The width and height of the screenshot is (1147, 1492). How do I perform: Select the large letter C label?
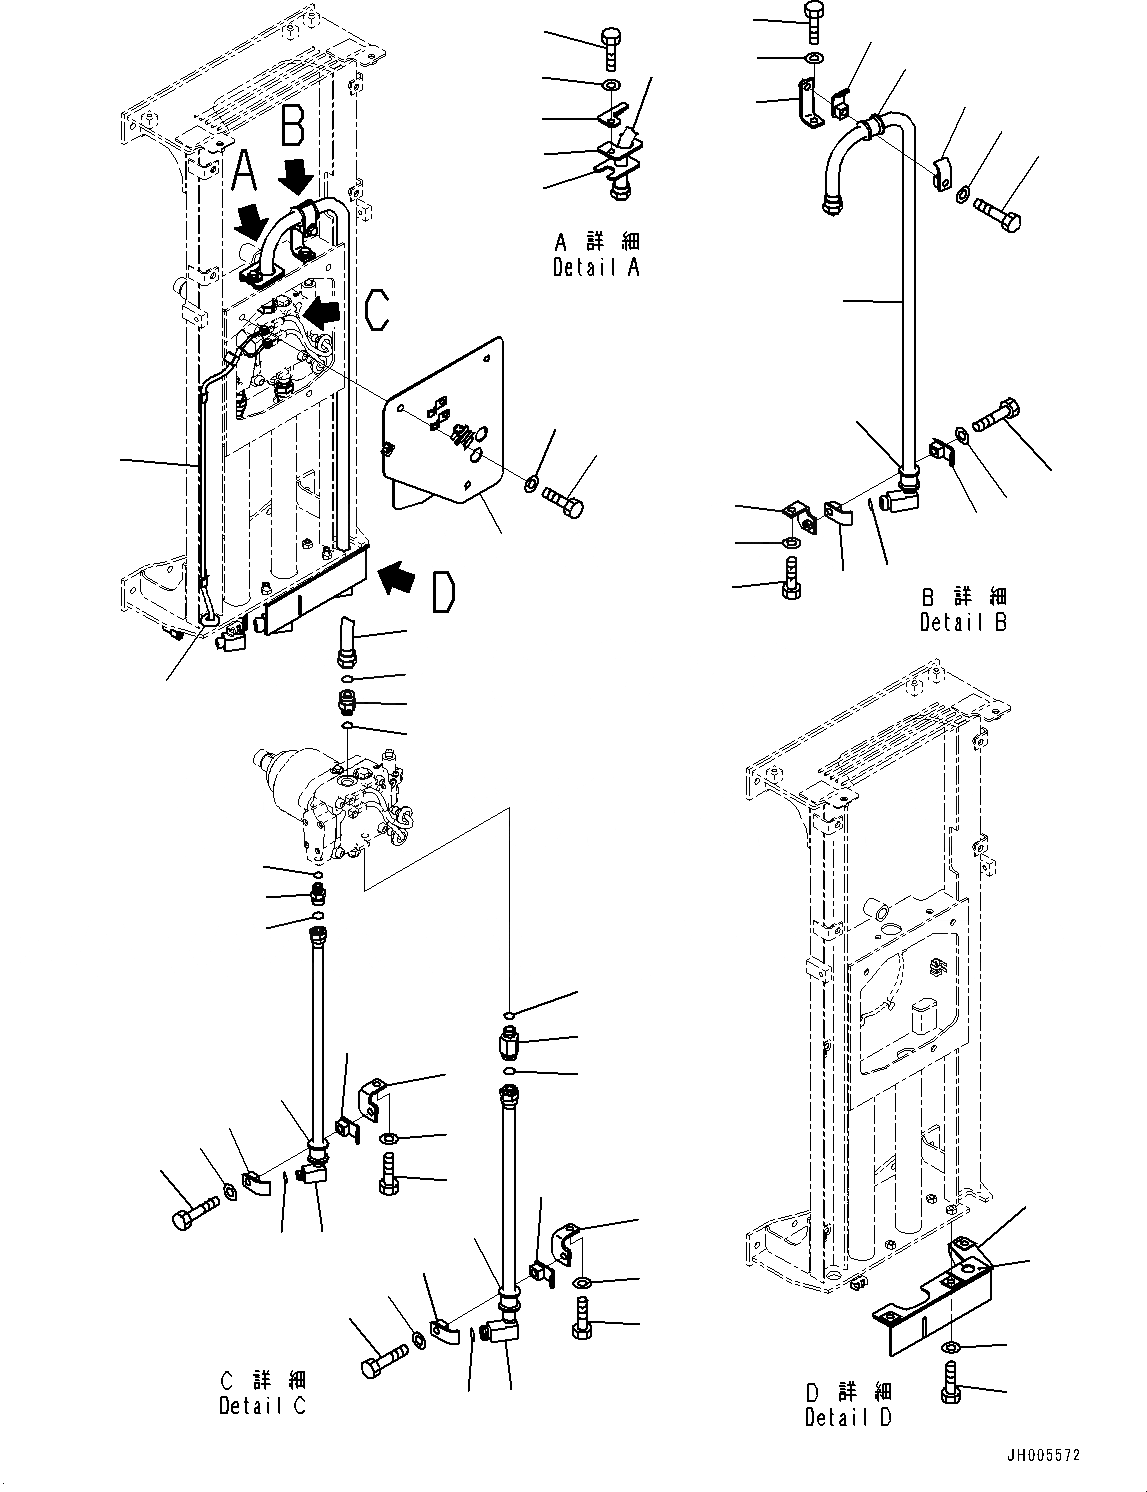pos(376,310)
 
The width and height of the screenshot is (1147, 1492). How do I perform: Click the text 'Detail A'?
pos(596,268)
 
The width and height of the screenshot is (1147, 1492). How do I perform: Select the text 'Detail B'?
pos(963,622)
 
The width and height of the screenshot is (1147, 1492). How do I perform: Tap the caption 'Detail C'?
pos(262,1405)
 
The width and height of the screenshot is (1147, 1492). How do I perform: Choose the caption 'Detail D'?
pos(848,1417)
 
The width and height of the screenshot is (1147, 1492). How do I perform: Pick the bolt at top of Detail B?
pos(813,20)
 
